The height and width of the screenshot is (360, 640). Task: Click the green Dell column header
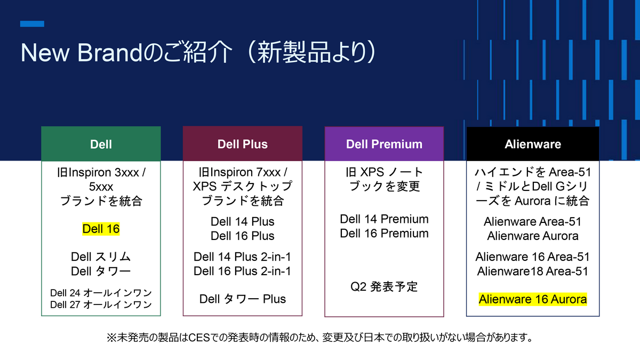[x=101, y=144]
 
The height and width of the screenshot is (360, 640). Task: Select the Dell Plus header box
[x=243, y=144]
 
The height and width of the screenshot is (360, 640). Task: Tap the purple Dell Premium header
[x=384, y=144]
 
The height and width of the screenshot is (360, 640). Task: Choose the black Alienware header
[x=533, y=144]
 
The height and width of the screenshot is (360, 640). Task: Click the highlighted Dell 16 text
[x=101, y=229]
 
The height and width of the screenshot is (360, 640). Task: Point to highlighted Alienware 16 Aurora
[x=533, y=299]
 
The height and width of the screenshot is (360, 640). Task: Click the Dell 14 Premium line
[x=384, y=219]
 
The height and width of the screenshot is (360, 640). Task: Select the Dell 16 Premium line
[x=384, y=234]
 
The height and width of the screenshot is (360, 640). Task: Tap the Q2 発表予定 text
[x=384, y=287]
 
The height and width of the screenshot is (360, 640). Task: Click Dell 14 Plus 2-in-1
[x=242, y=257]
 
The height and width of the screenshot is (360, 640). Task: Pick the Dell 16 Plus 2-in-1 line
[x=242, y=271]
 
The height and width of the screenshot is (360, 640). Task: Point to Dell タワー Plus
[x=243, y=299]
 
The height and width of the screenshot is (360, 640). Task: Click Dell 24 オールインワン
[x=101, y=293]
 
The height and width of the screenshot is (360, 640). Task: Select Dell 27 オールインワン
[x=101, y=305]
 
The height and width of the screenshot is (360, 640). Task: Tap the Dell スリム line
[x=101, y=257]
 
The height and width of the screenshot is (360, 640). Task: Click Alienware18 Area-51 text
[x=533, y=271]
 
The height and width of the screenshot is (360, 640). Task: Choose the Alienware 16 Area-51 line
[x=533, y=257]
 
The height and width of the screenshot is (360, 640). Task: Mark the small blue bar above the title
[x=32, y=24]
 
